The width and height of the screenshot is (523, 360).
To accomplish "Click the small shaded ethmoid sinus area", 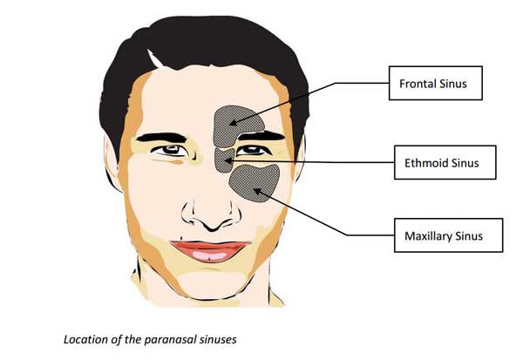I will click(225, 159).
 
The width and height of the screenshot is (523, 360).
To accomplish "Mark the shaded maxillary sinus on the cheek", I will click(255, 180).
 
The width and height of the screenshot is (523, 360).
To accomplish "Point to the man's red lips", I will click(209, 250).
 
